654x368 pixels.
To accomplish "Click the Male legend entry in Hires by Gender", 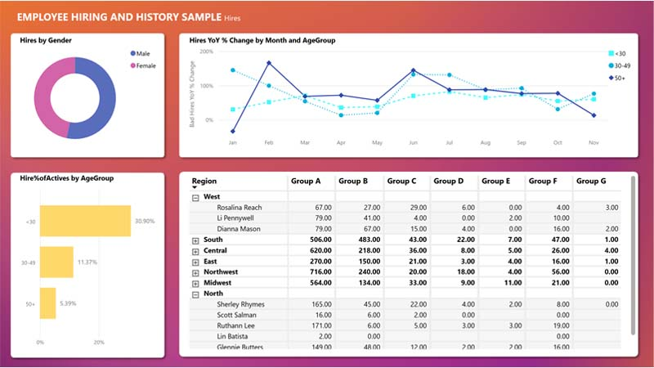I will click(x=142, y=53).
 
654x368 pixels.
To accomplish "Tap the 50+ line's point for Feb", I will click(x=269, y=63).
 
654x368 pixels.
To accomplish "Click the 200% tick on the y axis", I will click(x=207, y=52).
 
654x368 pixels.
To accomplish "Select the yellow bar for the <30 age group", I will click(x=85, y=221).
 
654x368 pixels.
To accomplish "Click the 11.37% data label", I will click(x=87, y=263).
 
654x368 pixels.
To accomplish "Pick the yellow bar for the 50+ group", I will click(x=47, y=303).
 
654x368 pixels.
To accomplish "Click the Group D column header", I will click(x=449, y=182).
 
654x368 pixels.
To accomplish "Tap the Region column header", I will click(x=204, y=182).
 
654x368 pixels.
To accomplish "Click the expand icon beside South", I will click(x=195, y=240).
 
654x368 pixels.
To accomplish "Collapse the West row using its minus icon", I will click(x=195, y=197).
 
